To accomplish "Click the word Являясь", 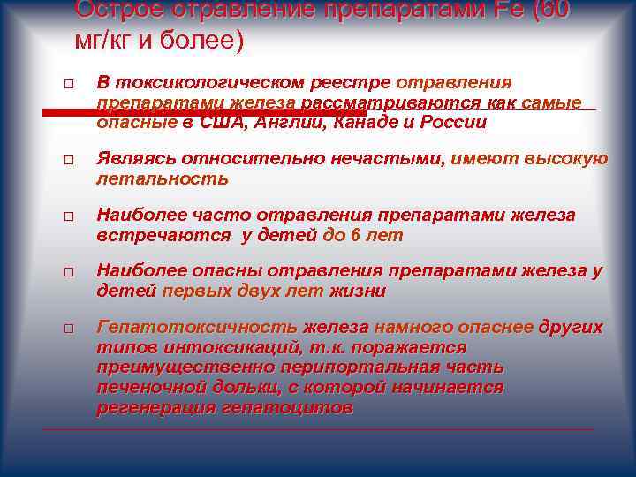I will [x=135, y=159].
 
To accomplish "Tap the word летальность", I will [x=162, y=179].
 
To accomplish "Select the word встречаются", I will [x=159, y=236].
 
